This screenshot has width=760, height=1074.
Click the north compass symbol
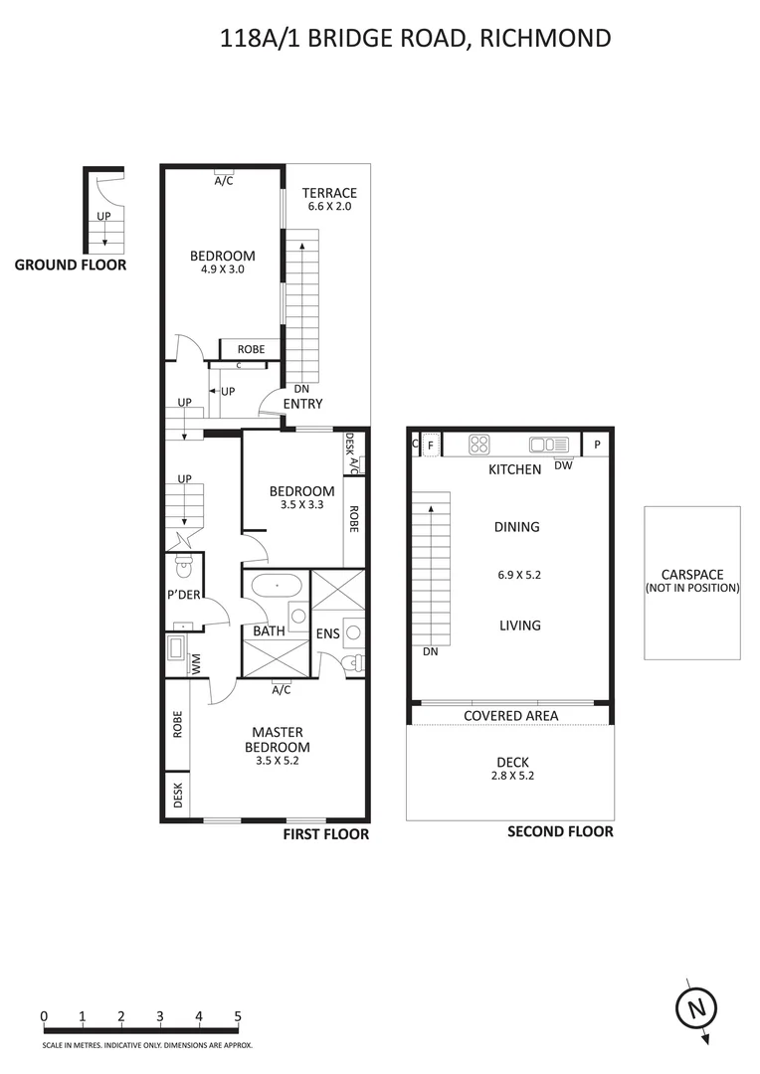pos(697,1008)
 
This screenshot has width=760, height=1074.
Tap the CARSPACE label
pos(691,575)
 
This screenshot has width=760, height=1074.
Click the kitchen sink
pos(548,445)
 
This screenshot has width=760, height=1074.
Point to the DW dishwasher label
pos(563,465)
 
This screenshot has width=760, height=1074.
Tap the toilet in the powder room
pos(182,567)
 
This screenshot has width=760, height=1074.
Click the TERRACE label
pos(329,193)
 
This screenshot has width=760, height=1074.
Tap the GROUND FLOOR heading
pos(70,266)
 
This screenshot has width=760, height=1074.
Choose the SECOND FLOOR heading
pos(560,832)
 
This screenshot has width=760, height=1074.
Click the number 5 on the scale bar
pos(238,1016)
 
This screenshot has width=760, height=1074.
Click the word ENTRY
pos(302,404)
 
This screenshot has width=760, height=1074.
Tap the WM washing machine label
pos(196,663)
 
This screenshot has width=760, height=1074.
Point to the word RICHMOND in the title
pos(547,39)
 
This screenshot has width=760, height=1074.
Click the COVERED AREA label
pos(510,716)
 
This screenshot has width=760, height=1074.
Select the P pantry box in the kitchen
pos(597,445)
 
